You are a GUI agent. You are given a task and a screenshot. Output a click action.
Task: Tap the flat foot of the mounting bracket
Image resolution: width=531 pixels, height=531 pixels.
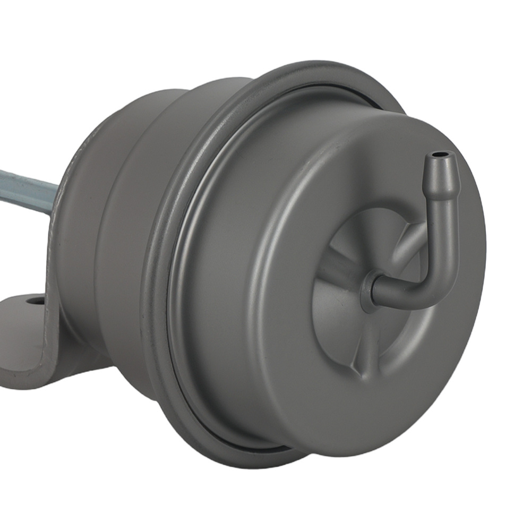pyautogui.click(x=21, y=329)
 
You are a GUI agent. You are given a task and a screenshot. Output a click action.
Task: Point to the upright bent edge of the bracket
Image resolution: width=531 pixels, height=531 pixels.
pyautogui.click(x=53, y=297)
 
